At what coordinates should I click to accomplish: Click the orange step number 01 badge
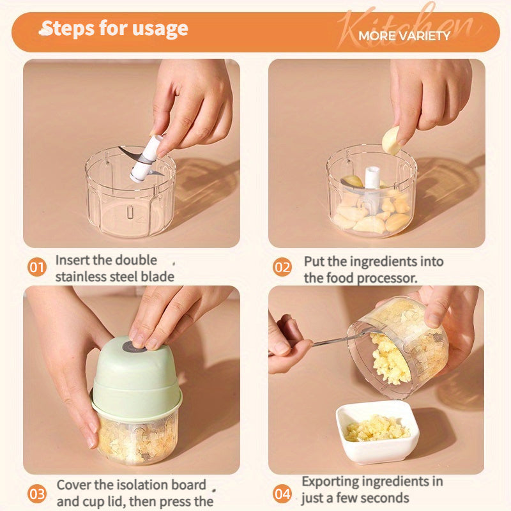click(x=37, y=267)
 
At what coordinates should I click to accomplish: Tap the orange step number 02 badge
click(x=282, y=267)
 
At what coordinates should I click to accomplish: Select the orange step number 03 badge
click(x=37, y=494)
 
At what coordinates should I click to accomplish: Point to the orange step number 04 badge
click(x=282, y=494)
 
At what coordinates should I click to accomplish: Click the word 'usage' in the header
click(x=160, y=29)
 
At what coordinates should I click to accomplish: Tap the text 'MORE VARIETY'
click(x=404, y=36)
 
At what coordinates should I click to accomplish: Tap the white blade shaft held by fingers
click(x=146, y=158)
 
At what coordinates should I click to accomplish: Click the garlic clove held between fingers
click(x=391, y=141)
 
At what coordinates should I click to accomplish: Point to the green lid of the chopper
click(x=137, y=379)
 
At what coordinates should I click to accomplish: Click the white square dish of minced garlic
click(x=378, y=432)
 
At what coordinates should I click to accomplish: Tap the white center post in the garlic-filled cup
click(x=372, y=178)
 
